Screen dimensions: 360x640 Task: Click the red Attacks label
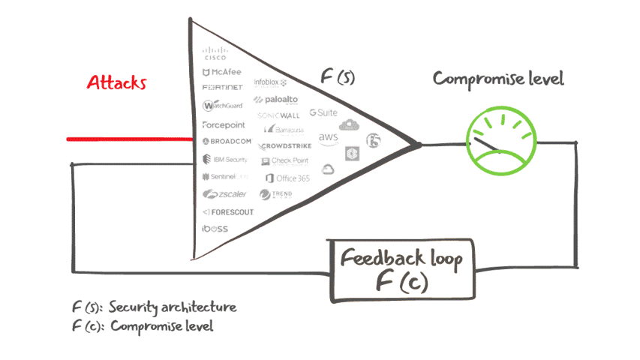[x=116, y=82]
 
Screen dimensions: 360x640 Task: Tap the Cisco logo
[x=216, y=54]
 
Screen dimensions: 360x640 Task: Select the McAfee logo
[x=222, y=73]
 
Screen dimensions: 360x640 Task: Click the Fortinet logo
[x=223, y=88]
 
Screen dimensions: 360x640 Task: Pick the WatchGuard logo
[x=223, y=106]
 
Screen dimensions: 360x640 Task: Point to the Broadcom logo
[x=227, y=141]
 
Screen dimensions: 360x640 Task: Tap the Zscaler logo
[x=223, y=194]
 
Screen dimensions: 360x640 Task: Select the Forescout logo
[x=228, y=212]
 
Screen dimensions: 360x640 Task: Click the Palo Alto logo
[x=278, y=99]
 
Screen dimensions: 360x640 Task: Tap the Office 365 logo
[x=287, y=178]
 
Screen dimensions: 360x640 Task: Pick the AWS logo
[x=329, y=138]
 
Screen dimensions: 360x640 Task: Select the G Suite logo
[x=323, y=112]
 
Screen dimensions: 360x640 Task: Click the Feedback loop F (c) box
[x=401, y=269]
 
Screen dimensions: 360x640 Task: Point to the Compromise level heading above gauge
[x=498, y=79]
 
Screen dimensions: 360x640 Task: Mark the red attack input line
[x=128, y=139]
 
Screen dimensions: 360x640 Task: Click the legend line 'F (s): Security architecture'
[x=154, y=307]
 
